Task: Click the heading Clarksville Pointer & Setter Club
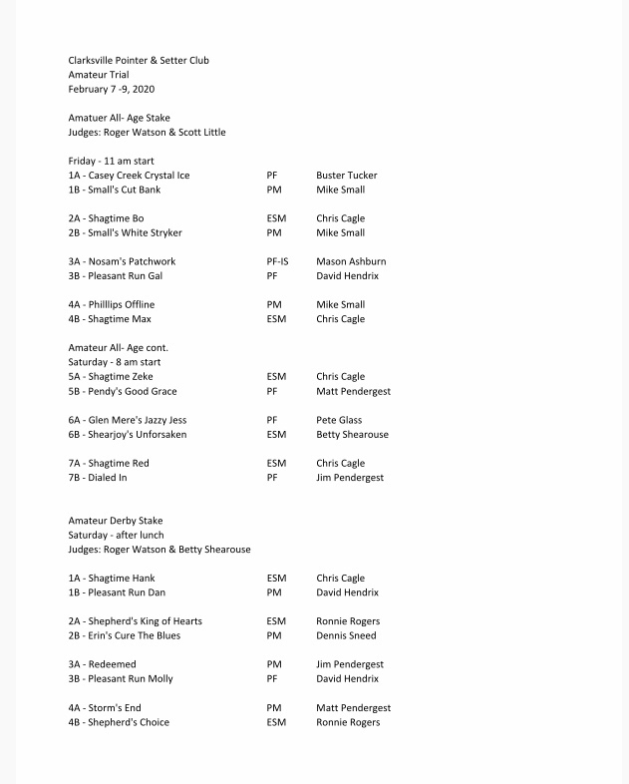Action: (x=139, y=61)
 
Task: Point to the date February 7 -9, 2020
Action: (x=112, y=90)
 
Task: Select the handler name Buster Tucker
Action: (x=346, y=176)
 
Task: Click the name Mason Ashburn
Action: (x=351, y=261)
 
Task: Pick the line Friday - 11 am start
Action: (x=111, y=161)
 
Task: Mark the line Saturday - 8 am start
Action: (x=115, y=362)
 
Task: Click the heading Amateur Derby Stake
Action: (x=116, y=521)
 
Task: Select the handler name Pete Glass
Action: (x=340, y=420)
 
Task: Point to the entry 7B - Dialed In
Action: (x=98, y=478)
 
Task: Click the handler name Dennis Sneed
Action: (x=346, y=635)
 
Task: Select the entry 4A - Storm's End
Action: (x=104, y=708)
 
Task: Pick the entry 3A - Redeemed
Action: (x=103, y=664)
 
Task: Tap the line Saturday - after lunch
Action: (x=116, y=535)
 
